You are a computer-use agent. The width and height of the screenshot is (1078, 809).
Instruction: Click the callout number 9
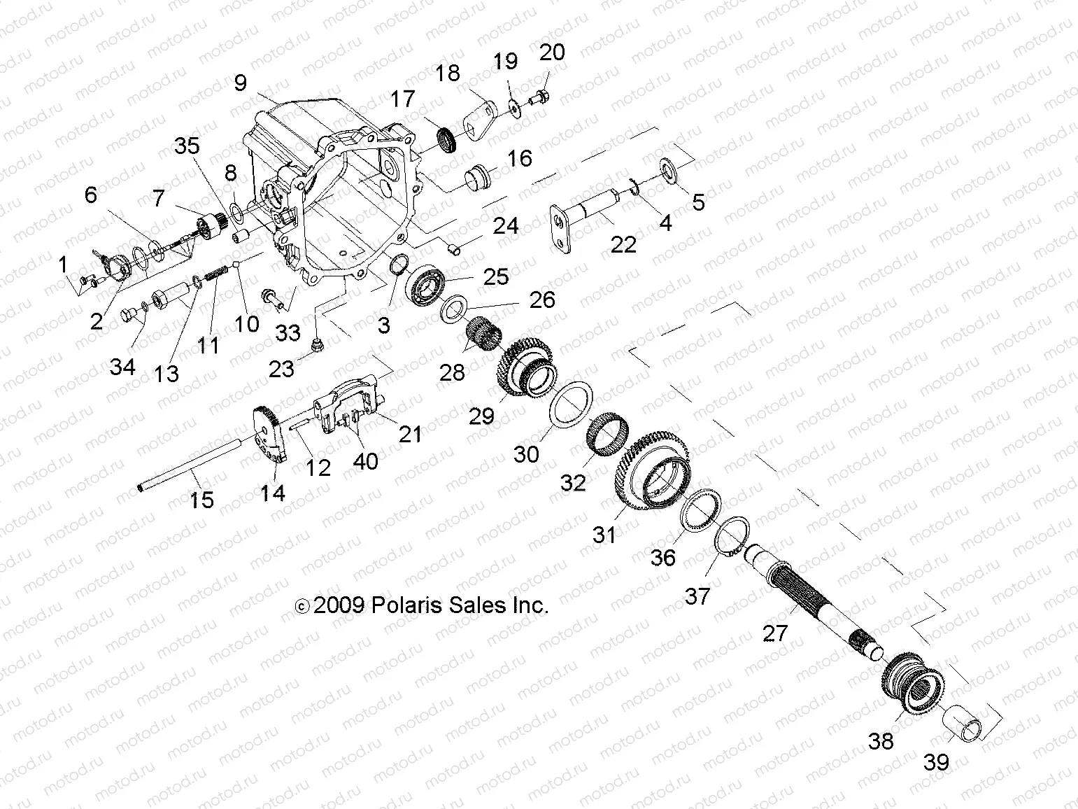(241, 83)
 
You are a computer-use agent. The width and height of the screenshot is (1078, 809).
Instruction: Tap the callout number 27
(775, 633)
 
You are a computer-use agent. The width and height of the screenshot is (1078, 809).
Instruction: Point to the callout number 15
(201, 500)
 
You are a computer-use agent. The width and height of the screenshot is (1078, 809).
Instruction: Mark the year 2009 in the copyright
(339, 605)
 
